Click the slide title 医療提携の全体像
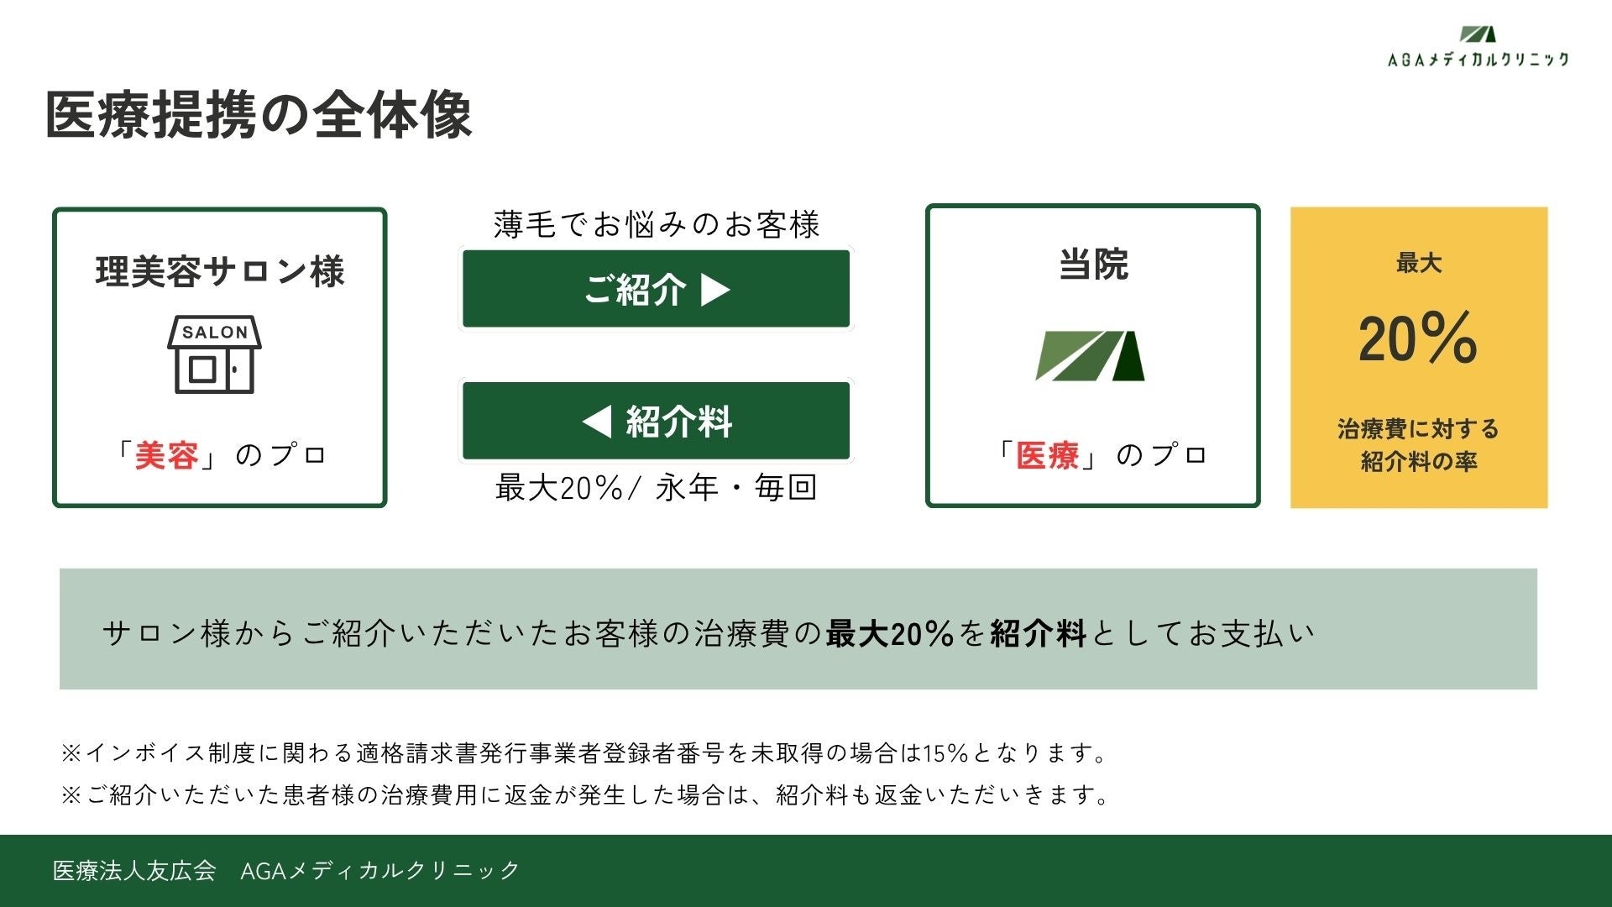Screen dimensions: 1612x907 (x=259, y=115)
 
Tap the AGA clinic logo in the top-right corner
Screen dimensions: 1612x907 (x=1478, y=46)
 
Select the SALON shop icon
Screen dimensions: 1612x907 (x=215, y=354)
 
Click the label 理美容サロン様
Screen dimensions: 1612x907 (x=219, y=272)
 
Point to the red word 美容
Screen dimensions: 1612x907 (x=166, y=455)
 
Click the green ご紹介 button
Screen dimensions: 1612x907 (x=657, y=289)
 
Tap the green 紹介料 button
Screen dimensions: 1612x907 (x=657, y=421)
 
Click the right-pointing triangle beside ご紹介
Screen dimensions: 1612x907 (x=715, y=290)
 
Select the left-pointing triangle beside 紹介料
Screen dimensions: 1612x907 (x=597, y=421)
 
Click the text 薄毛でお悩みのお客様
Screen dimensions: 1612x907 (x=657, y=225)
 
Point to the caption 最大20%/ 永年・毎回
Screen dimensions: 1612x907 (x=657, y=487)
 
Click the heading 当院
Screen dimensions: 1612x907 (x=1093, y=264)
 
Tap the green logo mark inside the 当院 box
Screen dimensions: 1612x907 (x=1091, y=356)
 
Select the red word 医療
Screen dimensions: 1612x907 (x=1047, y=455)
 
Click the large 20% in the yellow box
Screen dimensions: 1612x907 (x=1418, y=338)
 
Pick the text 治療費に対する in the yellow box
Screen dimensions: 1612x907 (x=1418, y=429)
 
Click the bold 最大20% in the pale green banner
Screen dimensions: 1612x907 (x=889, y=633)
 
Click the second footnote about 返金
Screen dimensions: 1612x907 (x=586, y=794)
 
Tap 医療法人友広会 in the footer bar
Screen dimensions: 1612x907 (x=134, y=870)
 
